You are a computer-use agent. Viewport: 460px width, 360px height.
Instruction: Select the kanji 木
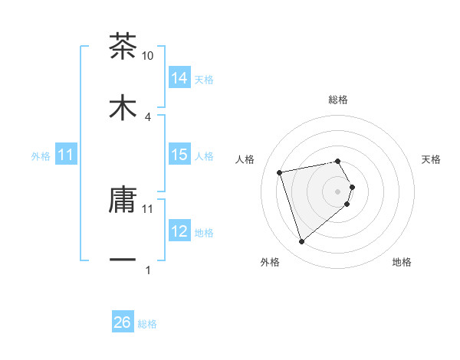point(123,107)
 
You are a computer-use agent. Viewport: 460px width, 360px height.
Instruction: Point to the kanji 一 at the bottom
point(123,260)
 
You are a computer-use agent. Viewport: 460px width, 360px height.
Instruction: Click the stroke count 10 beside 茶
point(148,56)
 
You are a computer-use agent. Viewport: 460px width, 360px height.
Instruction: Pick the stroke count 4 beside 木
point(148,116)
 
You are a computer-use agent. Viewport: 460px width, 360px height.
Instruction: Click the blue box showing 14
point(179,78)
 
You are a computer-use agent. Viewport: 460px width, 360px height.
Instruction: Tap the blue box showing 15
point(179,155)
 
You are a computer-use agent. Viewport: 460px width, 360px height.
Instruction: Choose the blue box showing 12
point(179,231)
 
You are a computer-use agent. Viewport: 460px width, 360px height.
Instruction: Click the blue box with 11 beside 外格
point(66,155)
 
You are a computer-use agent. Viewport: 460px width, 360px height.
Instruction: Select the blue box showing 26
point(123,322)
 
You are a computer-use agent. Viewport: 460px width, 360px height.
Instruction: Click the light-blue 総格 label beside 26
point(147,324)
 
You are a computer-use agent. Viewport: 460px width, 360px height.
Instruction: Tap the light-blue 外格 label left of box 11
point(41,156)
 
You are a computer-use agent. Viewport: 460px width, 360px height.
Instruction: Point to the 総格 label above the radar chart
point(338,100)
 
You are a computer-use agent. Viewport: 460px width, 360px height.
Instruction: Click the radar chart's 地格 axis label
point(402,262)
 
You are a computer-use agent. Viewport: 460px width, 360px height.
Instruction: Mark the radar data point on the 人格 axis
point(280,172)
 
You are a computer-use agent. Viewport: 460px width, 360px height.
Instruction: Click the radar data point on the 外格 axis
point(302,242)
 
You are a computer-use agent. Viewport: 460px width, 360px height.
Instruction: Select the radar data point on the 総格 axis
point(338,161)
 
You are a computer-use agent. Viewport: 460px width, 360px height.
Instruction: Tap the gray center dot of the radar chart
point(338,191)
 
